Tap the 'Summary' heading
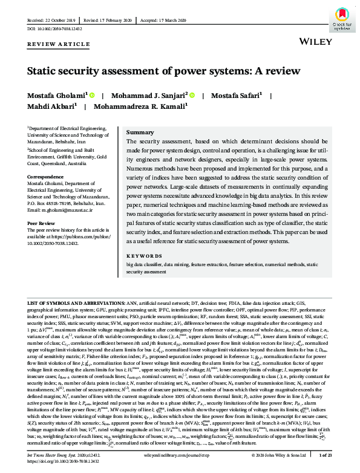[x=140, y=132]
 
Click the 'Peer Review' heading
[x=42, y=223]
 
